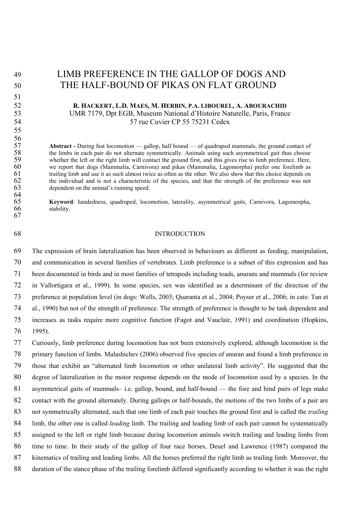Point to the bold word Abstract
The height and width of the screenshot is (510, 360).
click(61, 146)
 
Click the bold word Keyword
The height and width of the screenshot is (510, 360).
click(61, 202)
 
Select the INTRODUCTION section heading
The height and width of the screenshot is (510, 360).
click(180, 234)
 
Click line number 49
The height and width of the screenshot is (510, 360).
click(17, 74)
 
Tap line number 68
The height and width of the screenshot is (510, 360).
click(17, 234)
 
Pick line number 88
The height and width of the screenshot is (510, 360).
click(17, 469)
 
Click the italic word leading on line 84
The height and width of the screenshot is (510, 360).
click(119, 423)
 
